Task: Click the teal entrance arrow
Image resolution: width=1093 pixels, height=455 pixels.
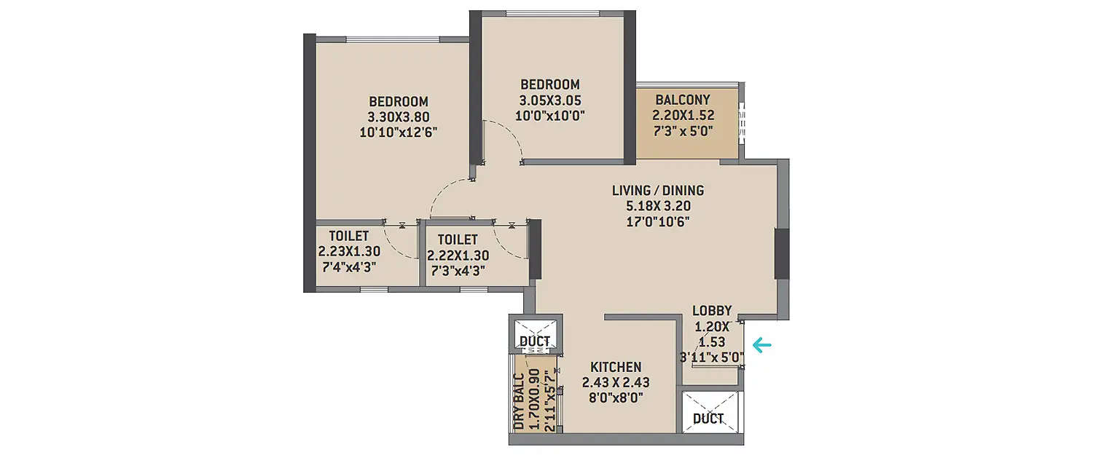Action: click(x=763, y=345)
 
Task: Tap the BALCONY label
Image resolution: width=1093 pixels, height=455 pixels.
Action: click(x=683, y=100)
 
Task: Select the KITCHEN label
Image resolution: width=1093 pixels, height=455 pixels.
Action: click(x=616, y=367)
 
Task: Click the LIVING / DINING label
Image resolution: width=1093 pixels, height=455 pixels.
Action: click(x=658, y=191)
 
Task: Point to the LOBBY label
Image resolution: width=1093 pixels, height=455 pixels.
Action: click(x=712, y=311)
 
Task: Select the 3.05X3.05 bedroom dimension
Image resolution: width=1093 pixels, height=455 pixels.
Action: click(x=550, y=100)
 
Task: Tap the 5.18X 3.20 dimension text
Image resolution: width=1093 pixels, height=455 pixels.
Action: click(x=658, y=206)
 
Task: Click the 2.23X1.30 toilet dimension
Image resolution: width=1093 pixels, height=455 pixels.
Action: click(x=348, y=251)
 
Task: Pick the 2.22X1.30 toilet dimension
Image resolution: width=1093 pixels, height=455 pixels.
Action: click(x=458, y=256)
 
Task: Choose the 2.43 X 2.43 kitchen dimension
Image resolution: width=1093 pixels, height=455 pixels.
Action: click(x=616, y=382)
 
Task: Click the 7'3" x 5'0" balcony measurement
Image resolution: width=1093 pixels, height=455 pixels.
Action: click(x=683, y=131)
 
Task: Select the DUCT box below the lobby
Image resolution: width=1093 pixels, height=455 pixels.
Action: click(x=708, y=418)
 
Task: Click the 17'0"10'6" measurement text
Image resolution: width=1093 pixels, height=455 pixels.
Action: click(x=658, y=221)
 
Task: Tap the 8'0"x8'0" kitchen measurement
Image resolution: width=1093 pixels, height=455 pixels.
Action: click(x=616, y=397)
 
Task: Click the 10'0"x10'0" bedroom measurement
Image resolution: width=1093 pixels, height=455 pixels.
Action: click(x=550, y=115)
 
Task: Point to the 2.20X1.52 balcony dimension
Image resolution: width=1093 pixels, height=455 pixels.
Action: click(x=683, y=115)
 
